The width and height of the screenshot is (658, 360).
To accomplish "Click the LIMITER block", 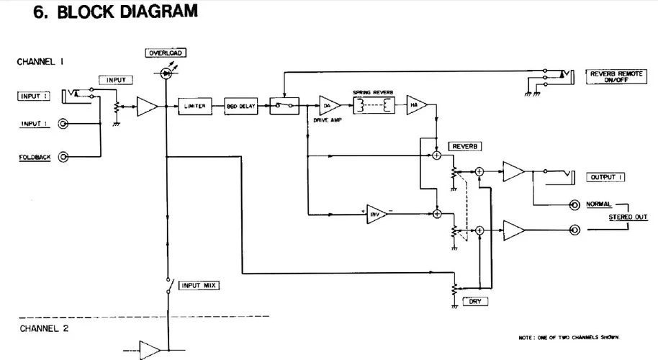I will point(196,106).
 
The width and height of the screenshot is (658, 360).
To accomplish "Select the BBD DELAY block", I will point(240,106).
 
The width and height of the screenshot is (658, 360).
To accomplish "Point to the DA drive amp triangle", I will point(328,105).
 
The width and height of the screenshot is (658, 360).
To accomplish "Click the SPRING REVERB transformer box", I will point(371,105).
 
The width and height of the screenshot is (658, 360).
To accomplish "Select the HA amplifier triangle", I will point(415,105).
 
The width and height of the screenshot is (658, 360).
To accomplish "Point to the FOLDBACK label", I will point(33,156).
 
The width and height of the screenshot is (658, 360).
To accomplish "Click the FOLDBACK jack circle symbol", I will point(64,156).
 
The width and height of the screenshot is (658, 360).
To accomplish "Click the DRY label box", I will point(475,302).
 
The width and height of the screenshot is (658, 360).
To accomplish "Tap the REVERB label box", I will point(463,146).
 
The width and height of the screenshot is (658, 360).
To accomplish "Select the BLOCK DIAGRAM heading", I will point(115,12).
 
